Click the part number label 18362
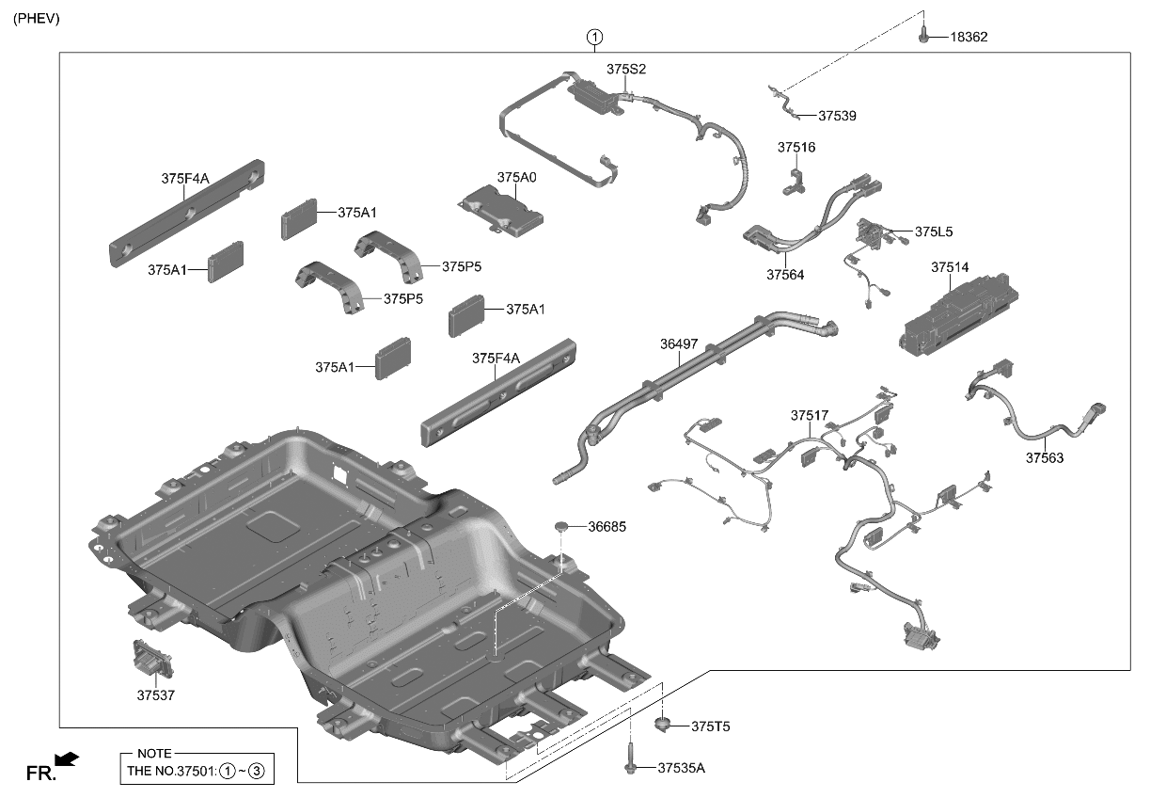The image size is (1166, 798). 969,38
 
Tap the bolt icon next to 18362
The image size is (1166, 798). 924,36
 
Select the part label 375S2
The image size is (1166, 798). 626,70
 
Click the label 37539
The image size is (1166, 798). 837,117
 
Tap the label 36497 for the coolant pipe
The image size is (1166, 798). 678,344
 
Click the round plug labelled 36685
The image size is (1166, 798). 561,524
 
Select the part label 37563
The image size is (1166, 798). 1044,458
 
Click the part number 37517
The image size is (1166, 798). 809,415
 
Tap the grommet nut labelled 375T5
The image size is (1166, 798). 664,725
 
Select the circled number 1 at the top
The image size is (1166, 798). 594,38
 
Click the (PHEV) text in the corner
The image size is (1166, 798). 36,18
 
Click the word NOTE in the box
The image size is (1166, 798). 153,754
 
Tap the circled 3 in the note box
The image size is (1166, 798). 257,772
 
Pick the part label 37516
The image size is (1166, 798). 796,148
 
